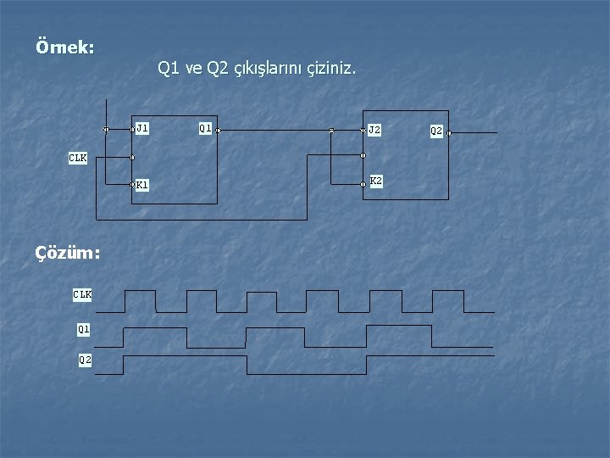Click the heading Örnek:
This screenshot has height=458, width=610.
coord(65,47)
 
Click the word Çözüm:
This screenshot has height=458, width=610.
coord(67,252)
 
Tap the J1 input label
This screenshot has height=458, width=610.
coord(142,129)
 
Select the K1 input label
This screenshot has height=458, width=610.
coord(142,184)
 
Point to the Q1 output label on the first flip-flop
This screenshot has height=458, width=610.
coord(205,129)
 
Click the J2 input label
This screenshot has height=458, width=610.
coord(374,131)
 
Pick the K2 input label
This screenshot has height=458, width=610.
coord(376,182)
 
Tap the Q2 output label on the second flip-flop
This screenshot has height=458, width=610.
coord(436,131)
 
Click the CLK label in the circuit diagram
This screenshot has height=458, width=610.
coord(78,158)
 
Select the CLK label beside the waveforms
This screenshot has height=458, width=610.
coord(82,294)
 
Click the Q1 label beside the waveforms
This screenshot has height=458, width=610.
coord(84,327)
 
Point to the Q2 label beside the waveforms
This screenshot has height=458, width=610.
coord(85,360)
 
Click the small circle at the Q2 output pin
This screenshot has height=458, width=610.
coord(449,133)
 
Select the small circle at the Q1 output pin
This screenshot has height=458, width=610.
coord(218,131)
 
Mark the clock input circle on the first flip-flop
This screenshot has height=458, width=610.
coord(132,157)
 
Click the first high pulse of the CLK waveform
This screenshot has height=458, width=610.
coord(140,292)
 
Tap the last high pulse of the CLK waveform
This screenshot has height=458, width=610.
coord(447,292)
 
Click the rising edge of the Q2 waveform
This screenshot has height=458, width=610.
coord(124,365)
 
